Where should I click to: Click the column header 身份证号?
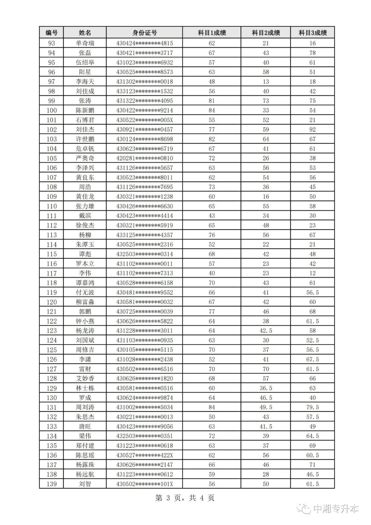(144, 33)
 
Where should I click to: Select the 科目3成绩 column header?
(312, 33)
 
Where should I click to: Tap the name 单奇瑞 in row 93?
(85, 43)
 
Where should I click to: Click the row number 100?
(52, 110)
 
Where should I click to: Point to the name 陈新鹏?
(85, 110)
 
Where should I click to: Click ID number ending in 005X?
(144, 120)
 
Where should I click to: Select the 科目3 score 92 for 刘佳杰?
(312, 130)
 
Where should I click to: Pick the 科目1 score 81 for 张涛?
(212, 101)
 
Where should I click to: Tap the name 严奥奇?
(85, 158)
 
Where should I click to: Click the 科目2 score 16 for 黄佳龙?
(266, 197)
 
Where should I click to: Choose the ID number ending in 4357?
(144, 235)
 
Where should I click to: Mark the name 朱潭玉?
(85, 244)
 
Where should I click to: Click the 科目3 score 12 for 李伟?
(312, 273)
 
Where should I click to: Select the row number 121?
(52, 311)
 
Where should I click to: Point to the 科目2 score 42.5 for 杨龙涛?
(266, 331)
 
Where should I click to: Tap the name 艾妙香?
(85, 379)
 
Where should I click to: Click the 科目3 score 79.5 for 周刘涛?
(312, 407)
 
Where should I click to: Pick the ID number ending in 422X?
(144, 455)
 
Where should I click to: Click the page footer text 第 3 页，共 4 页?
(185, 498)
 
